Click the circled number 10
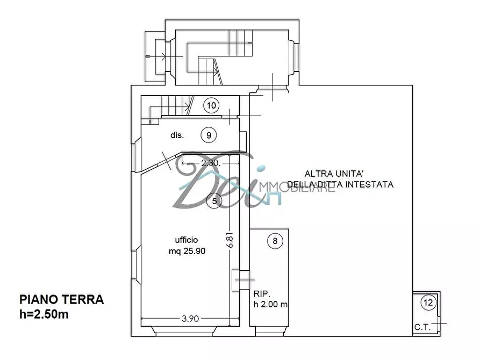pos(212,105)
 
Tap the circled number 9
pos(209,135)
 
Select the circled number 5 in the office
pos(214,201)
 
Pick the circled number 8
pos(275,241)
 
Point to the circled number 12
pos(428,303)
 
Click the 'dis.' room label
pos(178,135)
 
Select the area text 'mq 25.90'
pos(186,250)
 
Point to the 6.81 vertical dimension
pos(231,239)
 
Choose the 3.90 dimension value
pos(190,319)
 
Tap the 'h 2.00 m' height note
pos(270,305)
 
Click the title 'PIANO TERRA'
pos(61,300)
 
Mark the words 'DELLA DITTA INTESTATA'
pos(340,184)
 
